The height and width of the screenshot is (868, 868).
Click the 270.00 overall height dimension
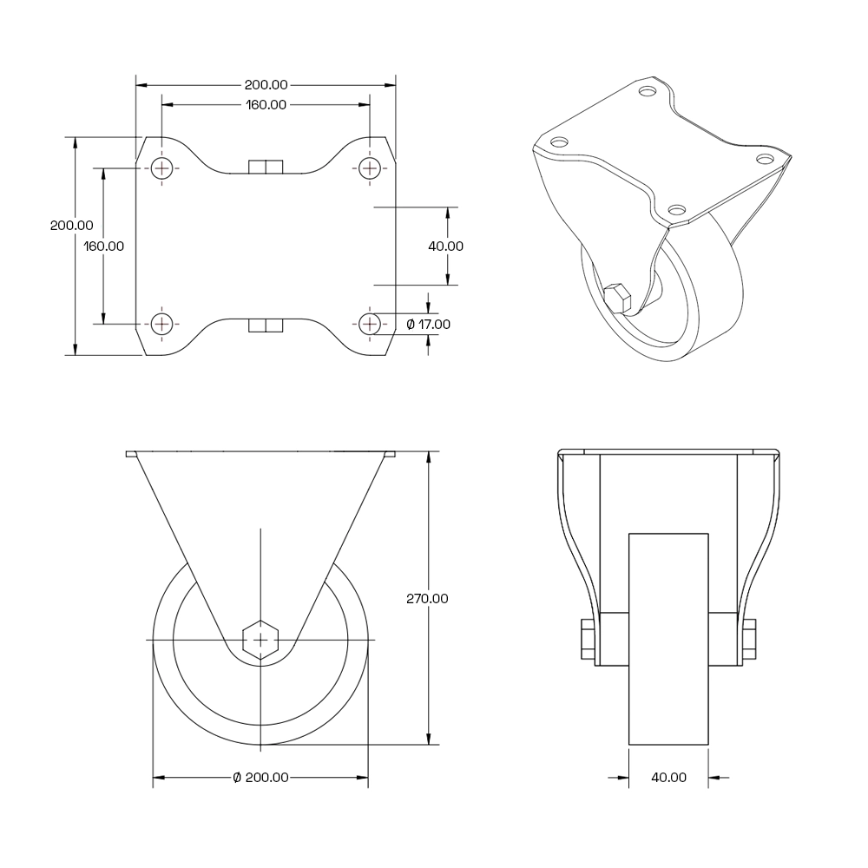coord(427,598)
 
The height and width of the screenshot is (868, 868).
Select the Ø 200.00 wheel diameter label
coord(260,778)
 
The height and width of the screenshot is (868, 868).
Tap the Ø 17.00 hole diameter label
coord(428,324)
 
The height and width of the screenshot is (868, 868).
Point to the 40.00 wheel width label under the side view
coord(668,778)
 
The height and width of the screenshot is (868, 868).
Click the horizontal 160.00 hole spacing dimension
coord(266,105)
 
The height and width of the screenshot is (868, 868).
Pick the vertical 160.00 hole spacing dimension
coord(104,246)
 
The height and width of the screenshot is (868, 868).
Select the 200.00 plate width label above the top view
coord(266,85)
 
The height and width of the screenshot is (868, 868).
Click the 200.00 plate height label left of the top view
coord(72,225)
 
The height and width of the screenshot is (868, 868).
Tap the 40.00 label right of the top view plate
coord(446,246)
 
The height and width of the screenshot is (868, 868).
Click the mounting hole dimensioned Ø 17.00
coord(371,323)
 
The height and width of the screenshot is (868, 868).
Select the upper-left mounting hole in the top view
coord(162,168)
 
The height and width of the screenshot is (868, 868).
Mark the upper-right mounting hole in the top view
coord(371,168)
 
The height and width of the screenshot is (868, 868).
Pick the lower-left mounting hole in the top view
coord(162,323)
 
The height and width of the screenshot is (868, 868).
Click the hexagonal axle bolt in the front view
coord(260,640)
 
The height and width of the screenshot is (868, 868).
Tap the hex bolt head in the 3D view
coord(619,298)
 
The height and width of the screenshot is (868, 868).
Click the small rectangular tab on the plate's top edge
coord(266,167)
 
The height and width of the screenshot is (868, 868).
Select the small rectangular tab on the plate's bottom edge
coord(266,325)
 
